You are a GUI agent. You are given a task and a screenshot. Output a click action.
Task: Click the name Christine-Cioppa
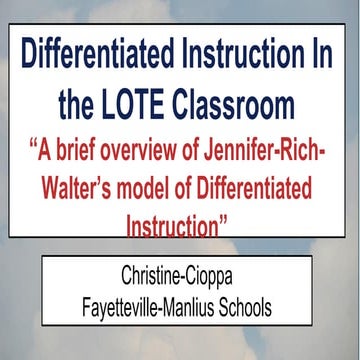(x=180, y=272)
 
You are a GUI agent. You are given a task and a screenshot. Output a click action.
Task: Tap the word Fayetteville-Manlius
(x=150, y=298)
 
